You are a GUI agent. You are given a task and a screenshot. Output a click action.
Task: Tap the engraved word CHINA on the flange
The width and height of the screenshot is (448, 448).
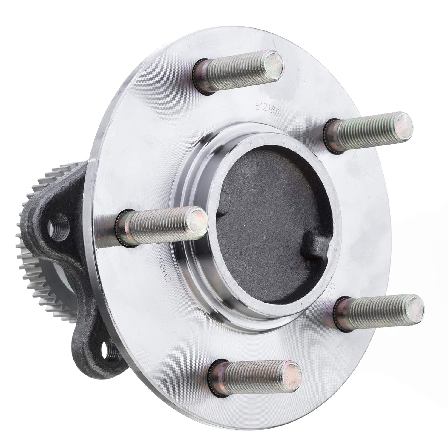pyautogui.click(x=168, y=265)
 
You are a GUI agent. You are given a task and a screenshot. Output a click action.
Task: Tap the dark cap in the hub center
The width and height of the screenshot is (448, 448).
pyautogui.click(x=269, y=221)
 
